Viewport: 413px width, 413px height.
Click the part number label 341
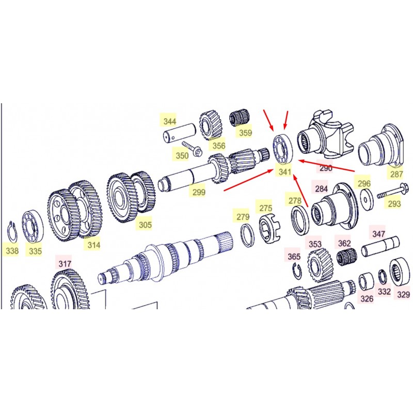click(285, 172)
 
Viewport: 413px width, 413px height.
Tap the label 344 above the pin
click(170, 121)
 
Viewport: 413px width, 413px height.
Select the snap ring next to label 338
click(12, 231)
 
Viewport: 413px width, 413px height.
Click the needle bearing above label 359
click(240, 119)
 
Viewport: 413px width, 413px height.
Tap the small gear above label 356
click(211, 125)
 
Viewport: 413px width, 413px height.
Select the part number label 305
click(145, 225)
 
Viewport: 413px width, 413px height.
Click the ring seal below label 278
click(300, 221)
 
